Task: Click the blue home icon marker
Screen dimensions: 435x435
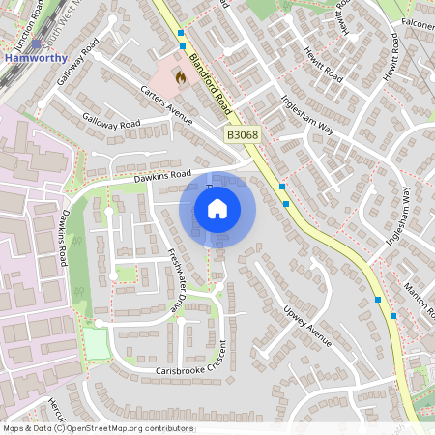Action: (217, 208)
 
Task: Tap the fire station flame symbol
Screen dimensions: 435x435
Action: (178, 73)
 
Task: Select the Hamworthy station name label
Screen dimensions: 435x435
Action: (36, 56)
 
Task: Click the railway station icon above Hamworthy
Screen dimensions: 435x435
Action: (37, 43)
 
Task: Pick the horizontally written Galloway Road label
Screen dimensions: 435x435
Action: (111, 124)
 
